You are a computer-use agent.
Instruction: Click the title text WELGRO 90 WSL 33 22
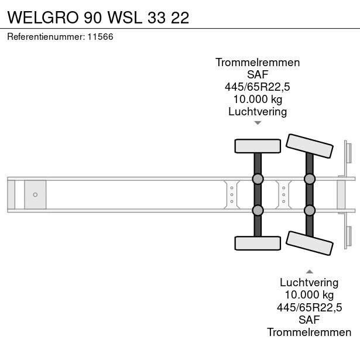tap(98, 17)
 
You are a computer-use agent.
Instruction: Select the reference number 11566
tap(100, 37)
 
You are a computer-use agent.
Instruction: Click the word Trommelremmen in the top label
tap(258, 63)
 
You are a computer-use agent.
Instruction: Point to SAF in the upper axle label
tap(258, 75)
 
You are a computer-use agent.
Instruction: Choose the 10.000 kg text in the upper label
tap(258, 100)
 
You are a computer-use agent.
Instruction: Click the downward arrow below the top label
tap(258, 123)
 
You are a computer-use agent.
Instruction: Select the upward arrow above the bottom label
tap(310, 272)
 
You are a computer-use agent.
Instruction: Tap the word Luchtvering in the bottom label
tap(310, 283)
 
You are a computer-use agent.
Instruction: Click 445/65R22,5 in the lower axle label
tap(310, 307)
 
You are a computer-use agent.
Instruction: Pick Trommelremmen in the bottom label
tap(310, 332)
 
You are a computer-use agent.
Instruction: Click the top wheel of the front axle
tap(258, 146)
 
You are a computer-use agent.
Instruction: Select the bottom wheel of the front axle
tap(258, 242)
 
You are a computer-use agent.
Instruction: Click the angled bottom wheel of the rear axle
tap(310, 243)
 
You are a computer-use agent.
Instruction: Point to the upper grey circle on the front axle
tap(258, 179)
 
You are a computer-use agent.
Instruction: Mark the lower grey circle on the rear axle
tap(310, 210)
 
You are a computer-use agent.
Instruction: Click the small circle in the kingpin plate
tap(35, 194)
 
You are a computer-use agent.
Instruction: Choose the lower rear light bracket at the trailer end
tap(347, 236)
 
